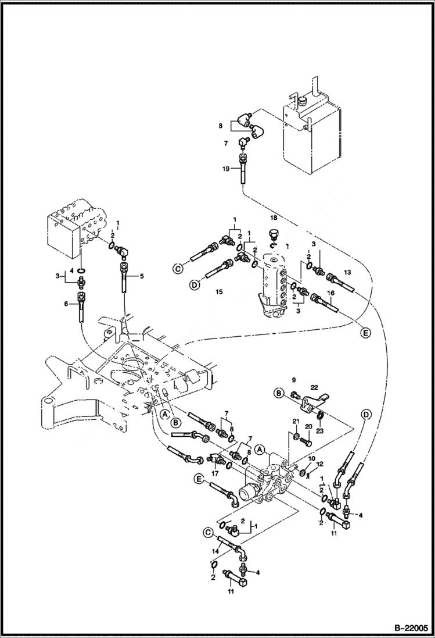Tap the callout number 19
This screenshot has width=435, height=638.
[227, 169]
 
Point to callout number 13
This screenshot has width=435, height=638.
[347, 271]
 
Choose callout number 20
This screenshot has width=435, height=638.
[309, 427]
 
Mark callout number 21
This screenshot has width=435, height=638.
[296, 422]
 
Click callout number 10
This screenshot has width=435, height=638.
[311, 459]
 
